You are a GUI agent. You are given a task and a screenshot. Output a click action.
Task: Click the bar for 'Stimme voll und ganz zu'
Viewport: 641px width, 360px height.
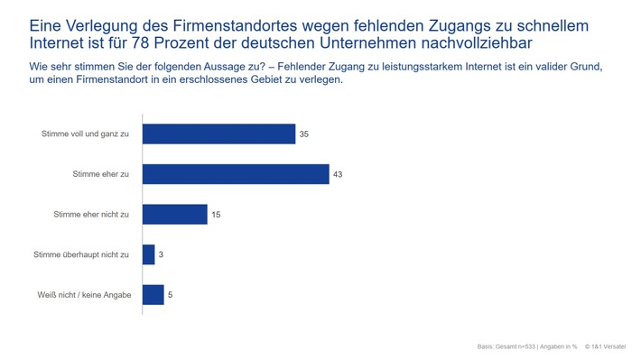pos(218,134)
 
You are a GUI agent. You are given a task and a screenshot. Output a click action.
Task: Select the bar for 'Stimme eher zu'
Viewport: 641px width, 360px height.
pos(236,174)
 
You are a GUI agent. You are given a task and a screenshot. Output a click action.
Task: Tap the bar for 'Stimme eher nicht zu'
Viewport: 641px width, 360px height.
pos(174,215)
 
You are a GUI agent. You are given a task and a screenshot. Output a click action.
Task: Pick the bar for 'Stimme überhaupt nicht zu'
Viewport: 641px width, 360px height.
pos(149,254)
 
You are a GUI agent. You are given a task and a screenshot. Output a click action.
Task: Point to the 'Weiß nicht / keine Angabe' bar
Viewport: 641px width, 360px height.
pos(153,295)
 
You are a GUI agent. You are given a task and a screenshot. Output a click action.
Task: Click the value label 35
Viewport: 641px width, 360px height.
pos(304,134)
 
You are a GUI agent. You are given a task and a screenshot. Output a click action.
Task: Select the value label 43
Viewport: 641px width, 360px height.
pos(338,174)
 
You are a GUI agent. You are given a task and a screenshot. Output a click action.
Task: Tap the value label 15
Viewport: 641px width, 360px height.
pos(217,215)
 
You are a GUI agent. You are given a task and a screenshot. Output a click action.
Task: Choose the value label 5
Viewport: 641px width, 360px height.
pos(171,295)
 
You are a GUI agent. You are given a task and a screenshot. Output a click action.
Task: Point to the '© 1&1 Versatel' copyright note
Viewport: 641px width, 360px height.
pos(608,346)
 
